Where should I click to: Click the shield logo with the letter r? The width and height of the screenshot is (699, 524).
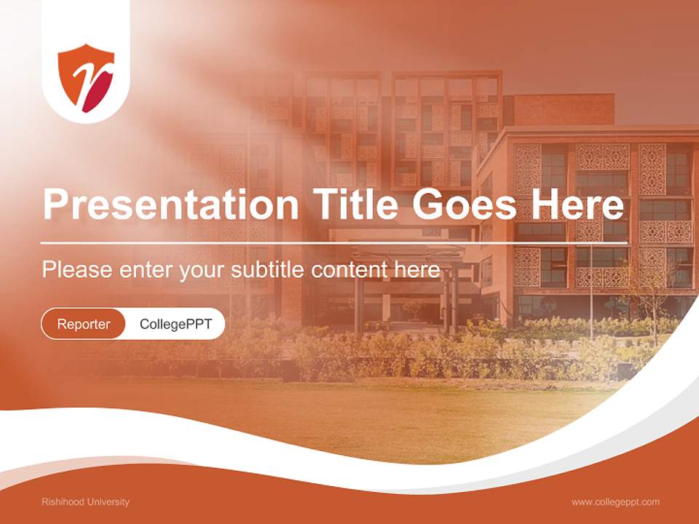click(x=86, y=79)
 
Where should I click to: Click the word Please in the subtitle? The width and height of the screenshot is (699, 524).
click(x=76, y=270)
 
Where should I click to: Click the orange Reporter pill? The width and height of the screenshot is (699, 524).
click(x=84, y=324)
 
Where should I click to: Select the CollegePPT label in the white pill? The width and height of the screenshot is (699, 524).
click(x=175, y=324)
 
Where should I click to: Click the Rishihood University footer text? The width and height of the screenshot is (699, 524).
click(x=85, y=502)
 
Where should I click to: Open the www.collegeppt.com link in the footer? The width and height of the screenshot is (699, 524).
click(x=615, y=502)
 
